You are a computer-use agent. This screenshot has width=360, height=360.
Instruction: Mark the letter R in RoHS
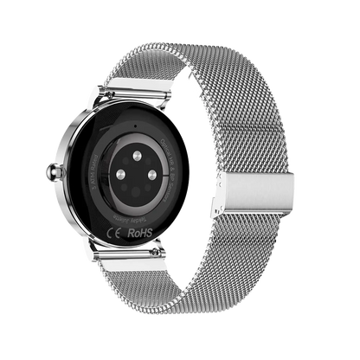(132, 233)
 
